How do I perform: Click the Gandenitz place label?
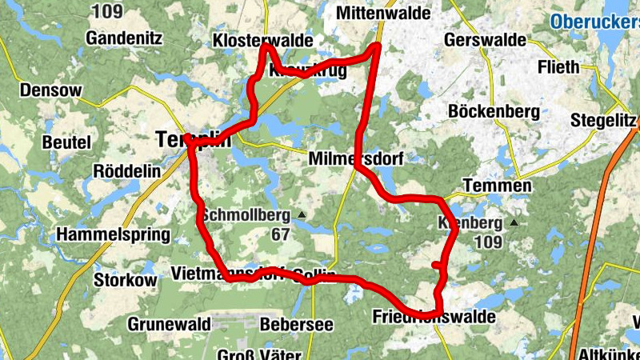(x=124, y=38)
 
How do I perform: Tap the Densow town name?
(x=51, y=90)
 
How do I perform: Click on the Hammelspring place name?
(x=114, y=235)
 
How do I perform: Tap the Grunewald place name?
(x=169, y=324)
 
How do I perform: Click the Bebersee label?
(x=296, y=324)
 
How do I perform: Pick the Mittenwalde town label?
(x=383, y=14)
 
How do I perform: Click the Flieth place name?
(x=558, y=66)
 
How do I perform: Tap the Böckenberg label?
(x=494, y=111)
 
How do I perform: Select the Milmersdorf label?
(x=355, y=159)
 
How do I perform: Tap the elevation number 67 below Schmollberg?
(x=279, y=235)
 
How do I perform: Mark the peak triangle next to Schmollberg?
(x=302, y=215)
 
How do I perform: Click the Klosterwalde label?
(x=262, y=42)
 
